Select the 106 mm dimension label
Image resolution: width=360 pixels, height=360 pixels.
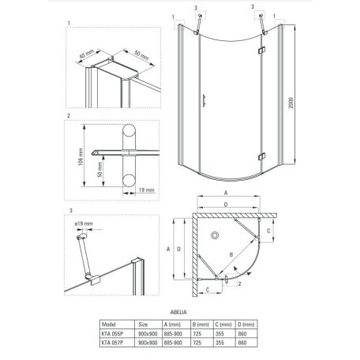tap(72, 161)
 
